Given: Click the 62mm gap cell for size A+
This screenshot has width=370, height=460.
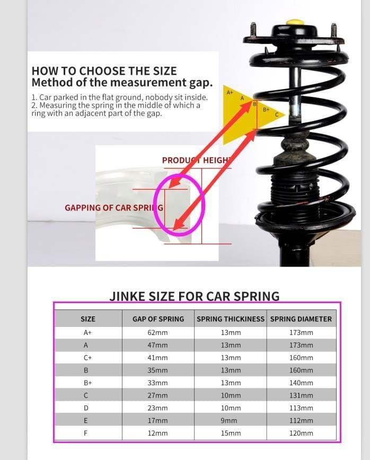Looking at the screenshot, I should [157, 332].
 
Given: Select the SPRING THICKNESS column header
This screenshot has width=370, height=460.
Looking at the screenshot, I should [230, 319].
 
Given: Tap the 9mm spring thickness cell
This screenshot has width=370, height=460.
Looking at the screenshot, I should [230, 421].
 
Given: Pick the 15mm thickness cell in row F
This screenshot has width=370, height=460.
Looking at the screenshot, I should [230, 434].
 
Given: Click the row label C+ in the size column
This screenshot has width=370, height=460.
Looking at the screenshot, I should [87, 358].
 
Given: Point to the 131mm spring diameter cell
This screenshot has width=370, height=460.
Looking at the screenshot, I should [301, 395].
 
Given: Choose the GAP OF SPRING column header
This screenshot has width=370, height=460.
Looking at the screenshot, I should [158, 319].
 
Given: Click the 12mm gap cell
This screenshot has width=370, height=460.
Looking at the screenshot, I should [157, 434].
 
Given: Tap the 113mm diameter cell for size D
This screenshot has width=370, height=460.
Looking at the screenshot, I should [301, 408].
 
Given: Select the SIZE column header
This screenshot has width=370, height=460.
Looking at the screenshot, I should [87, 319].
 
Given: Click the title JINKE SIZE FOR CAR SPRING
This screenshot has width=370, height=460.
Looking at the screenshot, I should [194, 296].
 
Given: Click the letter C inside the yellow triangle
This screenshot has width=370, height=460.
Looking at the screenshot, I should [277, 114].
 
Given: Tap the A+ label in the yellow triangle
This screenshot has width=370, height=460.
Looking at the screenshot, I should [230, 92].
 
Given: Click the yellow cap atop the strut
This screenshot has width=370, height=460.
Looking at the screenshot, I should [295, 23].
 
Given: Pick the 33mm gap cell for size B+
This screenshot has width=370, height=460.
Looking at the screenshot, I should [157, 383].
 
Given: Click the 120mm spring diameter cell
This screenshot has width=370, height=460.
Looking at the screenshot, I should [301, 434].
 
